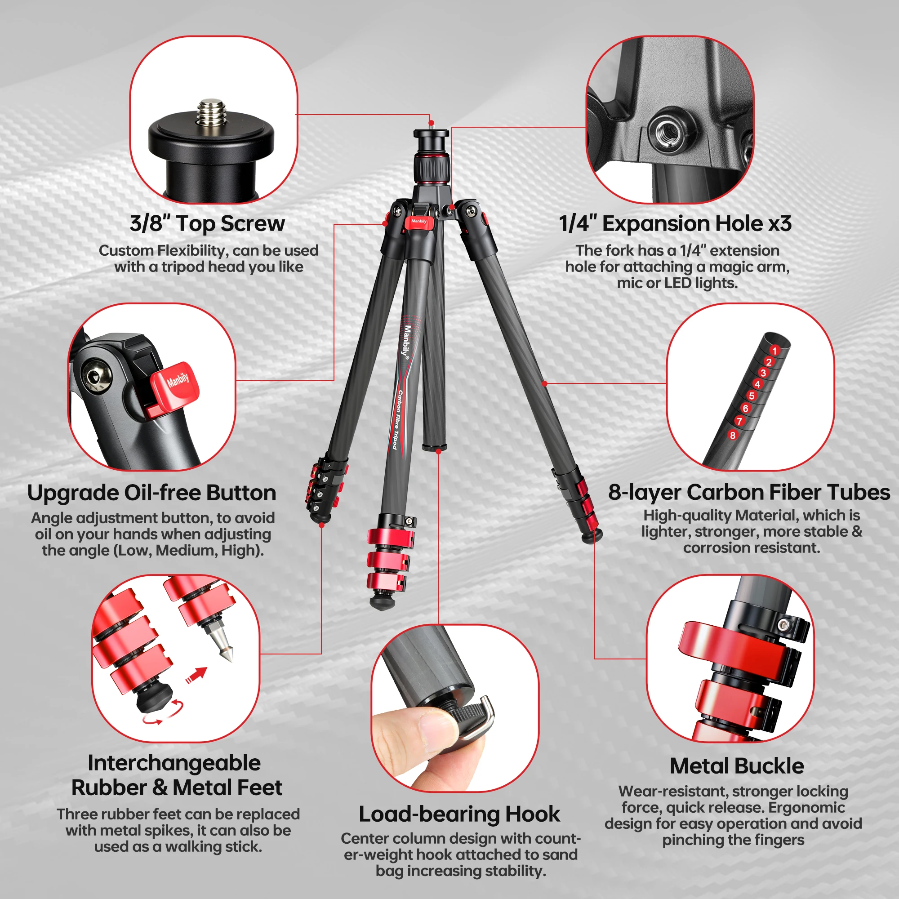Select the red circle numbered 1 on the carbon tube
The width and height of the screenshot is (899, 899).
(774, 350)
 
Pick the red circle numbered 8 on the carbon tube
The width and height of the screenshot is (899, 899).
(733, 435)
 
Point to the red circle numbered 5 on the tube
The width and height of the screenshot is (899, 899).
(752, 396)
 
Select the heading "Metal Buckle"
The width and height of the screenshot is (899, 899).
(737, 766)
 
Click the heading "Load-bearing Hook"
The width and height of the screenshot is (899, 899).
(459, 814)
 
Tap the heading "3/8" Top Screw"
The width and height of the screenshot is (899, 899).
(207, 223)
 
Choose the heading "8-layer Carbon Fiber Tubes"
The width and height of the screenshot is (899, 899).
(749, 492)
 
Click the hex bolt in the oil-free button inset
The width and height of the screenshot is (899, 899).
(96, 376)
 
